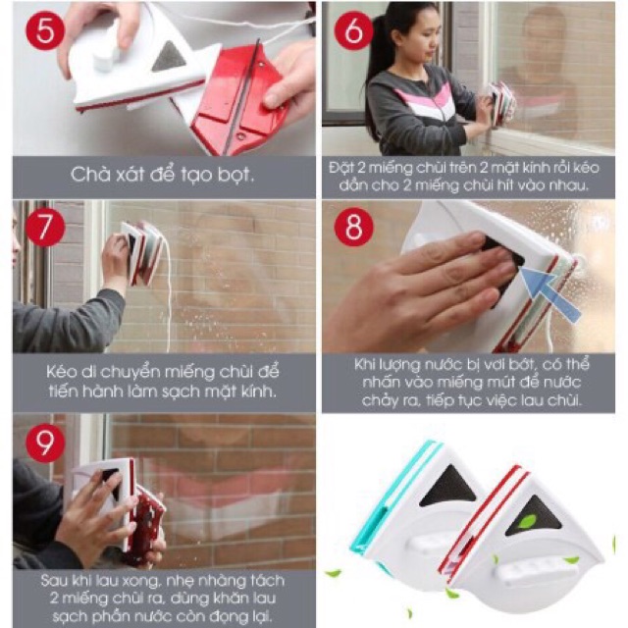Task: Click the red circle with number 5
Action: (44, 30)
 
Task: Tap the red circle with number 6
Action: (354, 30)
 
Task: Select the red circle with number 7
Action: (44, 227)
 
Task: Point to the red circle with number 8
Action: (354, 227)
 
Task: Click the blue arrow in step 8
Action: (551, 292)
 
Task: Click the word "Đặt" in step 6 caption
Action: (341, 167)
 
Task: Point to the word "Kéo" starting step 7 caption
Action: (61, 372)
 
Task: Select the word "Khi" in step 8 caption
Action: (365, 365)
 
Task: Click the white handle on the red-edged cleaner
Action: (533, 573)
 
